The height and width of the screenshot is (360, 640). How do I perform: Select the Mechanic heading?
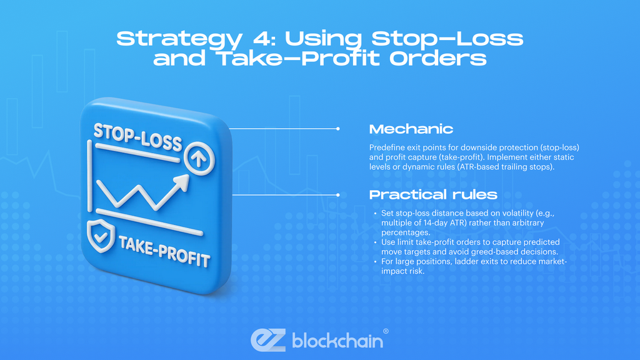411,129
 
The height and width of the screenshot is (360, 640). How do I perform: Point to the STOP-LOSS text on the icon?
137,136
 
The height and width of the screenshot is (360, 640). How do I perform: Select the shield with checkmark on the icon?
100,234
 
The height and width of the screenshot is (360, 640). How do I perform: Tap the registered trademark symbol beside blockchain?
386,331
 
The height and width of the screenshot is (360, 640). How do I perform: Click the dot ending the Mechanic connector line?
338,129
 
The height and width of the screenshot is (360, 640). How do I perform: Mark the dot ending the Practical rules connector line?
338,194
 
